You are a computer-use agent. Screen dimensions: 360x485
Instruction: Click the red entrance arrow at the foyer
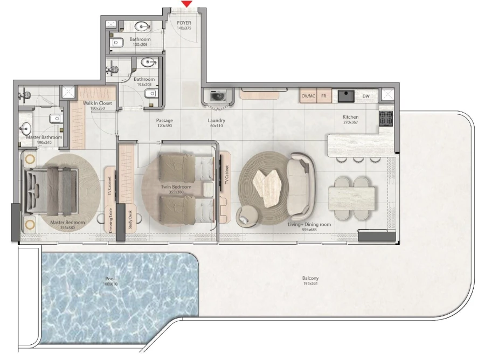coord(186,4)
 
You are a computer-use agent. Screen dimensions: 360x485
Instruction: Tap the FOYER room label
coord(184,23)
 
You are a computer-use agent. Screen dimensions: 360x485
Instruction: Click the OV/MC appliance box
coord(308,96)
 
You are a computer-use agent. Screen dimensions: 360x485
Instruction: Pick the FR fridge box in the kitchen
coord(324,96)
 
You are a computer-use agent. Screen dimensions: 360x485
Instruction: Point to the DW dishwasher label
coord(366,96)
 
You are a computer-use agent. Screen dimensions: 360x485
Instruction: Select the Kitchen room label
coord(350,117)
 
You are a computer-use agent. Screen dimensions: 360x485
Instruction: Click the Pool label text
coord(110,279)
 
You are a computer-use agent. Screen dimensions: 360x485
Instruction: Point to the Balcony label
coord(310,279)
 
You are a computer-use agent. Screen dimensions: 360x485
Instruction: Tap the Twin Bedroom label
coord(173,186)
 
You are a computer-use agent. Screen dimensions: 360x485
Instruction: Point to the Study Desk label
coord(130,219)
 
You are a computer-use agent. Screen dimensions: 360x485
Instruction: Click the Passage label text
coord(164,120)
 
